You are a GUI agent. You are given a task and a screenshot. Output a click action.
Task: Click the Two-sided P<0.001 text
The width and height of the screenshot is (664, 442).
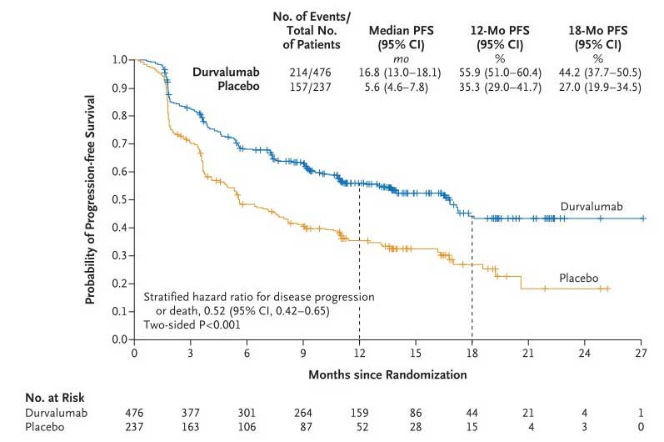pos(192,325)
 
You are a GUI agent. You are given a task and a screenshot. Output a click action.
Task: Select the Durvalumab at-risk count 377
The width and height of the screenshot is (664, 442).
pos(191,413)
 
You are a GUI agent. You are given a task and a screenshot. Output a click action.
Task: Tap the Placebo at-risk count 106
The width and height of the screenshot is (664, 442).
pos(247,427)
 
